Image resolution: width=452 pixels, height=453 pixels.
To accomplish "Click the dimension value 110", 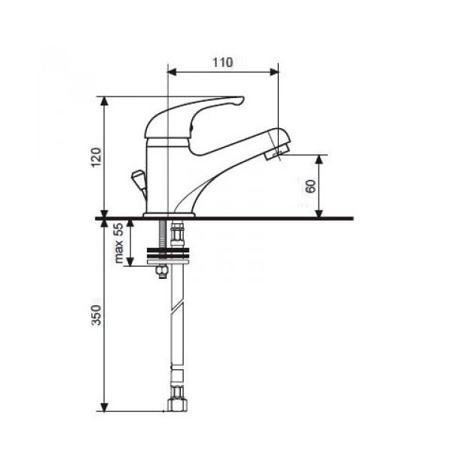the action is pyautogui.click(x=223, y=63).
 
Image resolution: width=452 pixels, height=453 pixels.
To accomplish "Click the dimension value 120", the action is pyautogui.click(x=96, y=158).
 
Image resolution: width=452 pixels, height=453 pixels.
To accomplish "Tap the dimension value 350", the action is pyautogui.click(x=96, y=314).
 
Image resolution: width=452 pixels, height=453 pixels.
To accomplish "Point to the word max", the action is pyautogui.click(x=119, y=253).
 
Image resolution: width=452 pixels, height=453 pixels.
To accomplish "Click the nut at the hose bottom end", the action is pyautogui.click(x=177, y=404).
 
